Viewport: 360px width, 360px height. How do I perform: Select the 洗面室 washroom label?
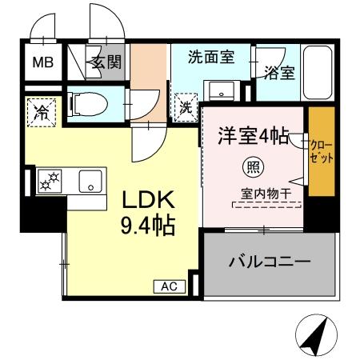(210, 57)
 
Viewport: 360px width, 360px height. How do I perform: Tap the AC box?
(169, 286)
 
